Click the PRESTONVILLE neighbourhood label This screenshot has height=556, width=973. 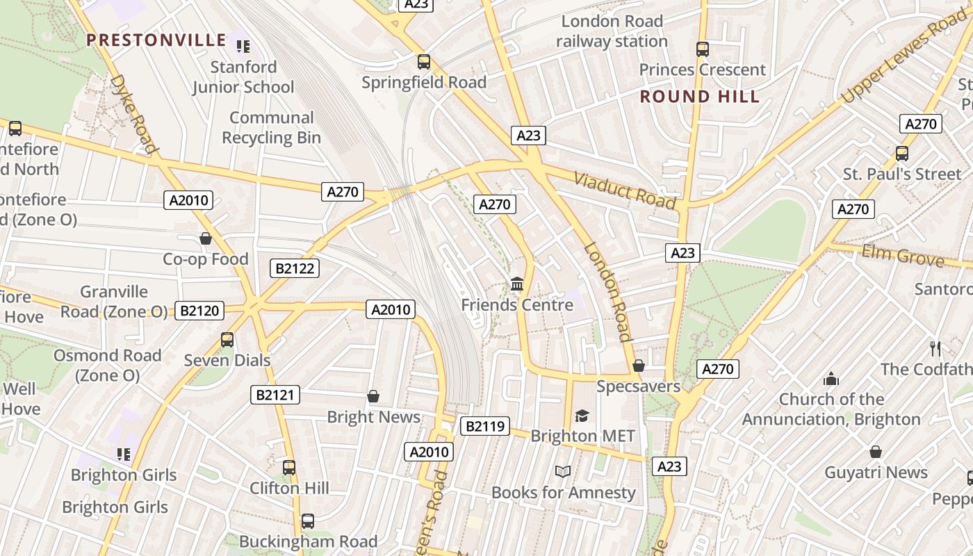click(156, 40)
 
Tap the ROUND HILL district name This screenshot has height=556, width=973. click(700, 97)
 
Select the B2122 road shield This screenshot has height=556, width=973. click(294, 268)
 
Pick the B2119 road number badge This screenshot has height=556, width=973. click(484, 426)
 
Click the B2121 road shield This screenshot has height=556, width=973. click(275, 395)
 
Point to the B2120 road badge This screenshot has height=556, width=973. click(199, 311)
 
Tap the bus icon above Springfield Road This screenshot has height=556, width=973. click(424, 61)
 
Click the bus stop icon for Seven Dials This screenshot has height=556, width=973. click(227, 340)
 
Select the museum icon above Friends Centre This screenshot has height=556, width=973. click(517, 284)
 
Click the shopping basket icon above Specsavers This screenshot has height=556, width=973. click(639, 366)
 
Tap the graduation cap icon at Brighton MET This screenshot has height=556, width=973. click(582, 416)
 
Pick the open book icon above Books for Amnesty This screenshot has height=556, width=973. click(563, 472)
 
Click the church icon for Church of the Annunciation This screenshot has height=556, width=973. click(831, 379)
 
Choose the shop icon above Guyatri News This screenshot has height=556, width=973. click(876, 452)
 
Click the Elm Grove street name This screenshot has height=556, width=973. click(903, 256)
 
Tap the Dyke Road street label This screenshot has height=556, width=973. click(132, 113)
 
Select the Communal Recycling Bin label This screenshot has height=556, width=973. click(272, 127)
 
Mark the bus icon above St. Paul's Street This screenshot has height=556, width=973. click(902, 154)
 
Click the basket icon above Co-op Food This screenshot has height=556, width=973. click(206, 238)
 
